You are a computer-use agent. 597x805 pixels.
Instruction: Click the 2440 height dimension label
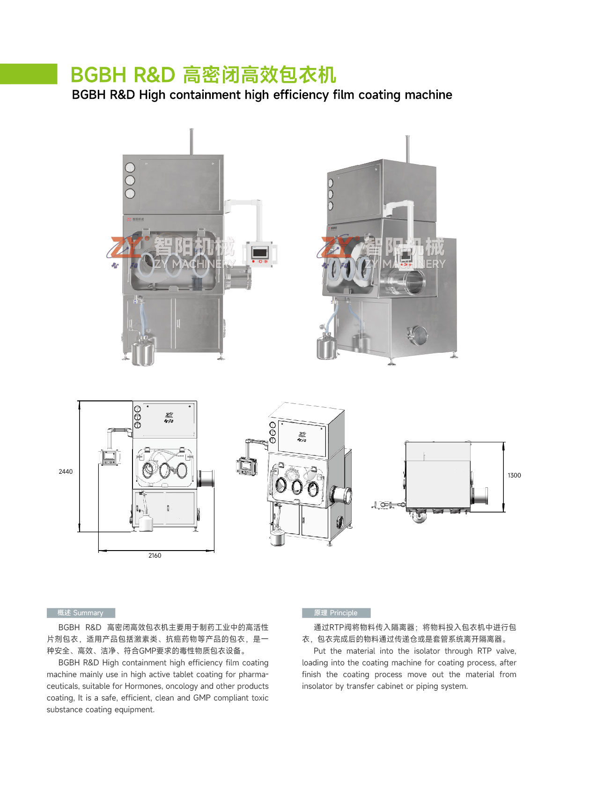[x=66, y=471]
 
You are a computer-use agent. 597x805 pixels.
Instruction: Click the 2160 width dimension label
[x=155, y=555]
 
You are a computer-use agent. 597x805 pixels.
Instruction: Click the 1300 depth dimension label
[x=514, y=475]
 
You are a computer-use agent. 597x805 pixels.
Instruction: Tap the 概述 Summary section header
[x=81, y=613]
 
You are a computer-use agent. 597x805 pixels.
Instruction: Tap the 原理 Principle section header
[x=336, y=613]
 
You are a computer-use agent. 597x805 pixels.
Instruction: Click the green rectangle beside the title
[x=28, y=74]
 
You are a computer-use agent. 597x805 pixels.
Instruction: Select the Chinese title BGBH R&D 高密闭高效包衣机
[x=203, y=75]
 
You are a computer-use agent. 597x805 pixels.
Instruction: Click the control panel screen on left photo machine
[x=259, y=253]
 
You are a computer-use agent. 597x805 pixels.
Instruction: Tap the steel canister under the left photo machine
[x=142, y=352]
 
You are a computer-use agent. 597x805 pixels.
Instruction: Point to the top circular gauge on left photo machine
[x=130, y=167]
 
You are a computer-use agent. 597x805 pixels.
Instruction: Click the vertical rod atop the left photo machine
[x=191, y=141]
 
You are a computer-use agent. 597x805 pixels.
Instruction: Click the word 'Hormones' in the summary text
[x=141, y=686]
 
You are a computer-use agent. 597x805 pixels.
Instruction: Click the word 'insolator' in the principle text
[x=317, y=686]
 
